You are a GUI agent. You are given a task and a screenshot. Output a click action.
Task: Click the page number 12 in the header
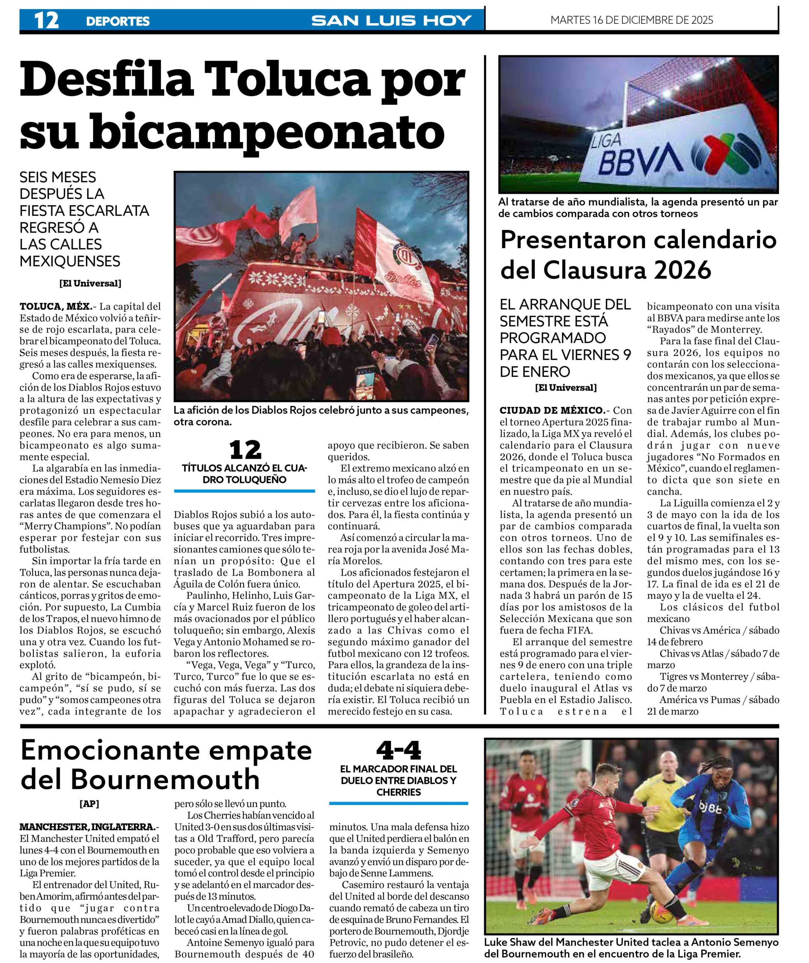point(46,20)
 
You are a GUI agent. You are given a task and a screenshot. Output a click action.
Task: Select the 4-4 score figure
point(398,750)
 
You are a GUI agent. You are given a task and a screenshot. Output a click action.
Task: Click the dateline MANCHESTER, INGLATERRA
point(88,827)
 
